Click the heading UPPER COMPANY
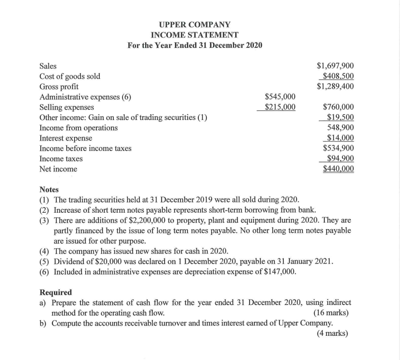(x=195, y=24)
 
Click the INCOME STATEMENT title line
(x=195, y=35)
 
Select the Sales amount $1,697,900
(x=335, y=66)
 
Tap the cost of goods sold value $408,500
(x=338, y=76)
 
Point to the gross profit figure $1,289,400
(x=335, y=87)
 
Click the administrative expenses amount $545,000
(x=280, y=97)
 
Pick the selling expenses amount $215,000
(x=280, y=107)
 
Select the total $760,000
(x=338, y=107)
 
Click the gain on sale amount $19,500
(x=340, y=117)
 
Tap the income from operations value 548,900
(x=340, y=128)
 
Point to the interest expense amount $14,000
(x=340, y=138)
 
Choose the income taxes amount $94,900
(x=340, y=159)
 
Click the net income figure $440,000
(x=338, y=169)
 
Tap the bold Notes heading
(x=49, y=190)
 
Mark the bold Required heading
(x=56, y=293)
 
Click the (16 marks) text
(x=331, y=313)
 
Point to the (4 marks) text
(x=333, y=333)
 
